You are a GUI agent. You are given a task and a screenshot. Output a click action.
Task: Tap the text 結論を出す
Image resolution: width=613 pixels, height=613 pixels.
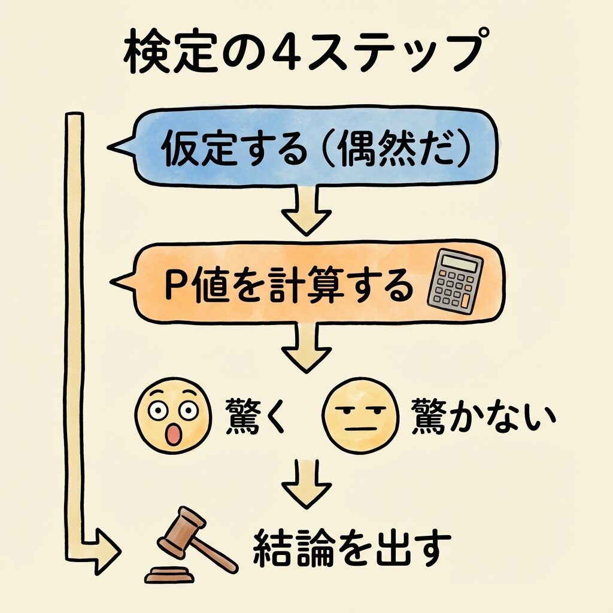pos(351,548)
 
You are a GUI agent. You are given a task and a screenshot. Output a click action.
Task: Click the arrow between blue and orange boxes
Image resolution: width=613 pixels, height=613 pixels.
pos(306,210)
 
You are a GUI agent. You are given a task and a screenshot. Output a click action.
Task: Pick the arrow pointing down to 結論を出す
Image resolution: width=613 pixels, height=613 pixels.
pos(306,482)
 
